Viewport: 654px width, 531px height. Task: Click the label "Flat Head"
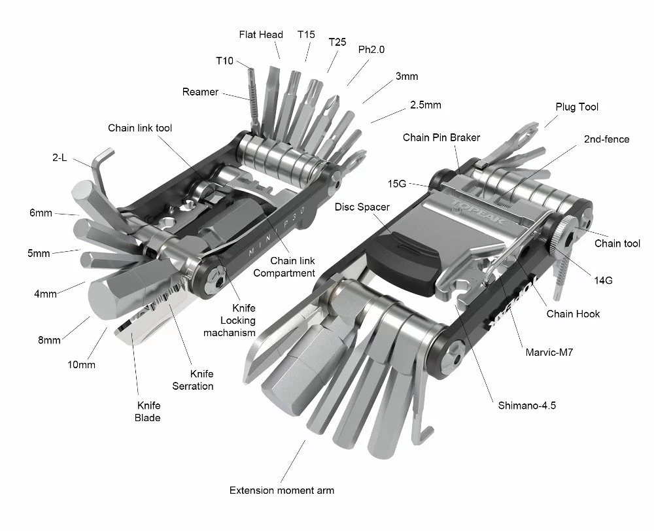click(x=261, y=35)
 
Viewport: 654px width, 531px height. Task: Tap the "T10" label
click(x=224, y=60)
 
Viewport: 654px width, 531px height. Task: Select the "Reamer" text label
click(x=200, y=92)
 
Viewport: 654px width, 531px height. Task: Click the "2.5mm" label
click(x=425, y=105)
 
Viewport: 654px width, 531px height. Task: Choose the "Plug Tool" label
click(x=577, y=107)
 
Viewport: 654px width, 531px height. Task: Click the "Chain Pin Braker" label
click(x=441, y=137)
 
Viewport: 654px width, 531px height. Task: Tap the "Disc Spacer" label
click(x=362, y=207)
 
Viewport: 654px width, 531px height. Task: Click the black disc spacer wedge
click(x=399, y=258)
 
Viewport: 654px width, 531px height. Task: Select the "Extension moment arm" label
click(x=282, y=490)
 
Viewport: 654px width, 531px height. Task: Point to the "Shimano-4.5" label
click(x=527, y=405)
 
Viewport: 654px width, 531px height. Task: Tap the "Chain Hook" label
click(x=573, y=314)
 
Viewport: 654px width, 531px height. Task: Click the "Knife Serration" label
click(x=192, y=380)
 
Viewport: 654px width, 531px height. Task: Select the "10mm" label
click(x=81, y=364)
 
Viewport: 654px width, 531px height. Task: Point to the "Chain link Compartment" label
click(x=283, y=267)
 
